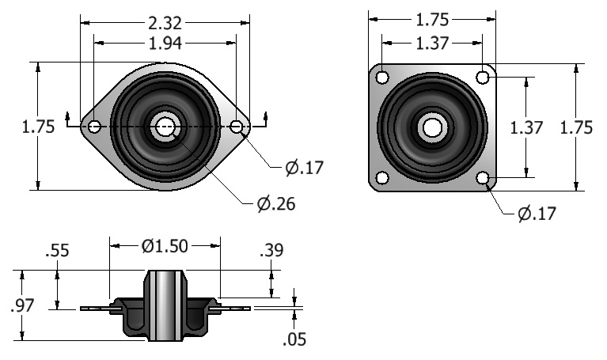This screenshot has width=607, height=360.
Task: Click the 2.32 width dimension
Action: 165,23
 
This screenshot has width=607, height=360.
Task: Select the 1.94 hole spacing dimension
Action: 165,44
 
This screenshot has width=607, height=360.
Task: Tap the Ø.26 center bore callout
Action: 276,203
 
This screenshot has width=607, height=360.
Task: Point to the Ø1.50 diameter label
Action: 165,246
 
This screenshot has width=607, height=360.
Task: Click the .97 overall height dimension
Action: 22,305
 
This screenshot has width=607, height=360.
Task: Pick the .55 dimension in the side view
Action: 57,251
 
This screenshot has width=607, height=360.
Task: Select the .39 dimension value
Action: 271,250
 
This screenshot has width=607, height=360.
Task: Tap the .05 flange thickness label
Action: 294,339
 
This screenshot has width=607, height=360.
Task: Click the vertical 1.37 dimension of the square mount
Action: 526,127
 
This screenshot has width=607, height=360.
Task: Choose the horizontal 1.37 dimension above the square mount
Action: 432,44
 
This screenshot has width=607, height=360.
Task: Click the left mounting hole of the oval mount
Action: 94,126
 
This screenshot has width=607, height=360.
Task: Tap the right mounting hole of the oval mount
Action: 236,126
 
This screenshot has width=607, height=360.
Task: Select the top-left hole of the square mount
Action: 382,78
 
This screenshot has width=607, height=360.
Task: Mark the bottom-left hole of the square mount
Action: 382,178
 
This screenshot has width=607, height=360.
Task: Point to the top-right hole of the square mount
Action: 482,78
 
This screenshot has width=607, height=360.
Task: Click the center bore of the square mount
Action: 432,127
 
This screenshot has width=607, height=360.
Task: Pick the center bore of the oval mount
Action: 165,127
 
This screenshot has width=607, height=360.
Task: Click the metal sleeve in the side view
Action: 165,306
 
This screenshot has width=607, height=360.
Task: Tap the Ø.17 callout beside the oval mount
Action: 304,168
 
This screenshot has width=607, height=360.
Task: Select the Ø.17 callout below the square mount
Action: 537,214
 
